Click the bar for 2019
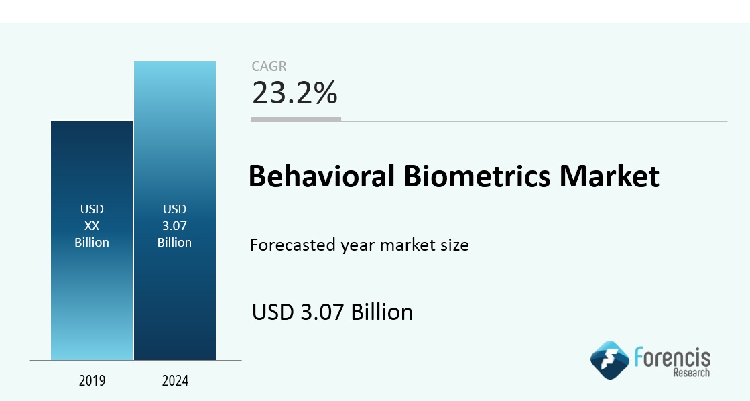92,240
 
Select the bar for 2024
175,211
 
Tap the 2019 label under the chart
92,380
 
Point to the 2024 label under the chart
175,380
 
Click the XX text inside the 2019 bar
92,225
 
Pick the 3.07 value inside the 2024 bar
174,225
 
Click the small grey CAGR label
269,66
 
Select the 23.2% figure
295,93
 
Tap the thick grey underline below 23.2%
296,118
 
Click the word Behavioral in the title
322,176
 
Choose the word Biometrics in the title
477,176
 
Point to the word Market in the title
609,176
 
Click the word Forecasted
293,245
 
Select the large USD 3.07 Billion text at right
332,312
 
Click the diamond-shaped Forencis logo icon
610,360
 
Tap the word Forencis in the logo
672,357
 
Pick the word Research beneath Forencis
692,372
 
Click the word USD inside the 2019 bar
92,209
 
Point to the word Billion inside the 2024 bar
174,242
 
